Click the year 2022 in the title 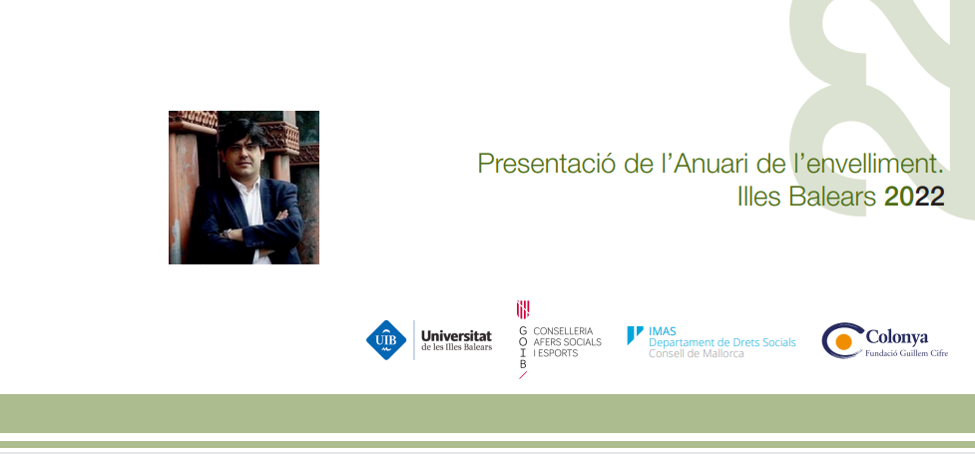914,198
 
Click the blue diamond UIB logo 386,340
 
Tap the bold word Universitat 456,335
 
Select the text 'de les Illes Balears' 456,347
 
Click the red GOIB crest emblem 523,309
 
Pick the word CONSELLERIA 563,331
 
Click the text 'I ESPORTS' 555,353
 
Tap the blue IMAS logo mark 635,334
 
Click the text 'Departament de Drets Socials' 722,342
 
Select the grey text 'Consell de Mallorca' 696,354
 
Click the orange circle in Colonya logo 844,341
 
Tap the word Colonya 896,337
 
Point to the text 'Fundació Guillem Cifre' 906,354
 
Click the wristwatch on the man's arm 229,233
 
